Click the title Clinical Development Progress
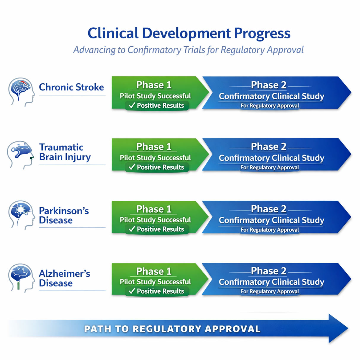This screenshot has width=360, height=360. click(x=189, y=33)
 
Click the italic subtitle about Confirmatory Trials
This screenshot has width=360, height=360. click(x=189, y=50)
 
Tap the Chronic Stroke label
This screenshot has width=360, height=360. click(x=71, y=87)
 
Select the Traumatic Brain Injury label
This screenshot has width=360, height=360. click(x=65, y=152)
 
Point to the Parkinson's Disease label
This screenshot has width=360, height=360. click(x=64, y=216)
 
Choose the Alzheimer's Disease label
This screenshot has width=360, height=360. click(x=64, y=278)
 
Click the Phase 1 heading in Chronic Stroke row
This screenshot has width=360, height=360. click(x=154, y=85)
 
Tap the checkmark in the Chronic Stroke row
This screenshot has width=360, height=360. click(x=132, y=105)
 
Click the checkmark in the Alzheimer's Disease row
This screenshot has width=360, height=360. click(x=132, y=291)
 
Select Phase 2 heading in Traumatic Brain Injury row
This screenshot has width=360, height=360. click(x=269, y=146)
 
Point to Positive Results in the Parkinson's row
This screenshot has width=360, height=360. click(x=160, y=229)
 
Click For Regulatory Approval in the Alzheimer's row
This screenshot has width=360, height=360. click(x=270, y=291)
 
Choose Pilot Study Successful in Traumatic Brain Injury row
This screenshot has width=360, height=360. click(x=155, y=158)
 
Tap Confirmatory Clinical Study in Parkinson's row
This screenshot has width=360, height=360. click(x=271, y=220)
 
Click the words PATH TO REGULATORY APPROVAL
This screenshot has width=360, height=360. click(x=172, y=329)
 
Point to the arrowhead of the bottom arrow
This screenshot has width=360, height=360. click(x=338, y=329)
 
